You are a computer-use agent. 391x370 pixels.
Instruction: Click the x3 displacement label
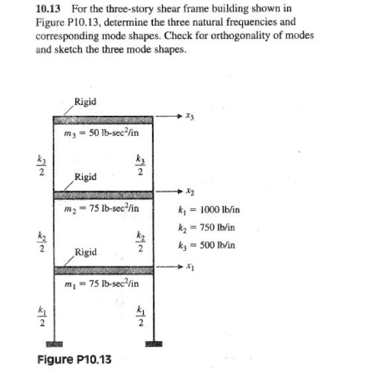coord(190,116)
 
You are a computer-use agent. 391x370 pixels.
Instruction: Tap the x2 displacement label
coord(190,192)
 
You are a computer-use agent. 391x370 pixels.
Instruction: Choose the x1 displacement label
coord(190,267)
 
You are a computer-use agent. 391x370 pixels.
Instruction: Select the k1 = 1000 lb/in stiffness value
coord(209,210)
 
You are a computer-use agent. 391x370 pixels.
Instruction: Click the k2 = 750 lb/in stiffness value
coord(206,227)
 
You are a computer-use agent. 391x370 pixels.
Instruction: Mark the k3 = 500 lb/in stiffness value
coord(206,245)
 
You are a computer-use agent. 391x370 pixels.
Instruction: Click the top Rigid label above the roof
coord(86,101)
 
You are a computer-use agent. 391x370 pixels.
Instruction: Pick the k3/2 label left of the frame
coord(41,165)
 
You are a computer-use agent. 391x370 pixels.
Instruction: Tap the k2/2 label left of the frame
coord(41,242)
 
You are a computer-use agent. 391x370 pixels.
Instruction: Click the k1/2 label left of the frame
coord(41,316)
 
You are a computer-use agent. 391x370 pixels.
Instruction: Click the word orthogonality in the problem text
coord(245,35)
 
